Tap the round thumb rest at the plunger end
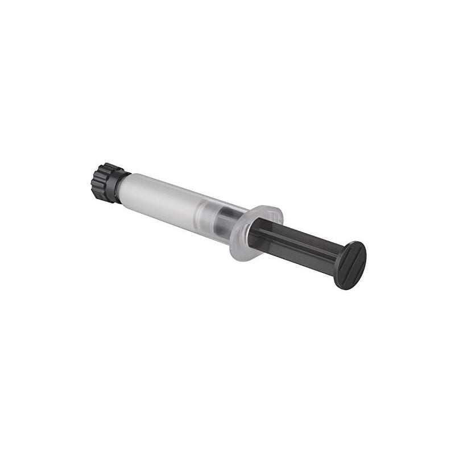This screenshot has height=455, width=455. click(x=350, y=264)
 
